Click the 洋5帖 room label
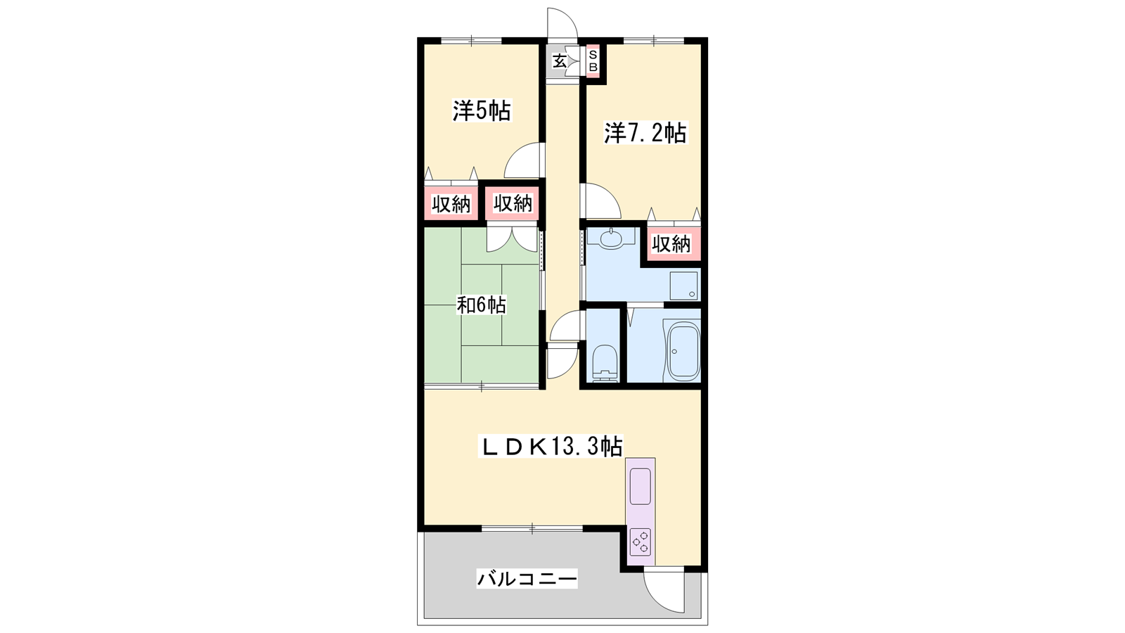pos(482,111)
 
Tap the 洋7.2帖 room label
pos(645,133)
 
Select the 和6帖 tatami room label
pos(481,305)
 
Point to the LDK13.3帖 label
pos(552,446)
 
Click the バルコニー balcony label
pos(527,579)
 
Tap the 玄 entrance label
pos(559,61)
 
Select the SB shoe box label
pos(593,60)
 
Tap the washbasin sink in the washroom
pos(611,238)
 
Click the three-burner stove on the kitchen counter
pos(641,542)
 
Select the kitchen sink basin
pos(641,486)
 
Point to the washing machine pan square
pos(681,286)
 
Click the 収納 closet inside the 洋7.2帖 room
pos(671,244)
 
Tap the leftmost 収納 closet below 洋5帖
pos(451,203)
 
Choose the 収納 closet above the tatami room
pos(513,203)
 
